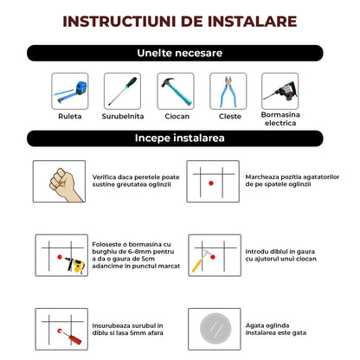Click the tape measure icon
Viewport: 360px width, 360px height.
point(70,92)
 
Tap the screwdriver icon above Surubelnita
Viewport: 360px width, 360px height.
point(123,91)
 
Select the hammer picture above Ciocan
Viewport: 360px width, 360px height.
point(176,91)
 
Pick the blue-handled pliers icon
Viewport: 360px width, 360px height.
point(228,91)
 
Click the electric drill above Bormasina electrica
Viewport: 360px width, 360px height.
point(280,91)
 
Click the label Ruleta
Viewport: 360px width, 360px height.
point(70,116)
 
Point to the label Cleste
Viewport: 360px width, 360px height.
point(230,116)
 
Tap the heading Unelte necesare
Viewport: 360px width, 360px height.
point(180,53)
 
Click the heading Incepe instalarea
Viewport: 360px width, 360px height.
point(179,138)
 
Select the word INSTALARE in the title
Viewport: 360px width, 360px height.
point(253,22)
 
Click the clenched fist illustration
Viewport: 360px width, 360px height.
point(66,184)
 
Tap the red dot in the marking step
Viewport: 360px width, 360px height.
point(211,183)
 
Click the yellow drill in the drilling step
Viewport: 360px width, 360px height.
point(75,265)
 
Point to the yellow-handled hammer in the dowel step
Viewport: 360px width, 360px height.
point(202,260)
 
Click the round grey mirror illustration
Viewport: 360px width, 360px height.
point(215,329)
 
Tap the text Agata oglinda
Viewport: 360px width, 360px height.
point(267,325)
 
